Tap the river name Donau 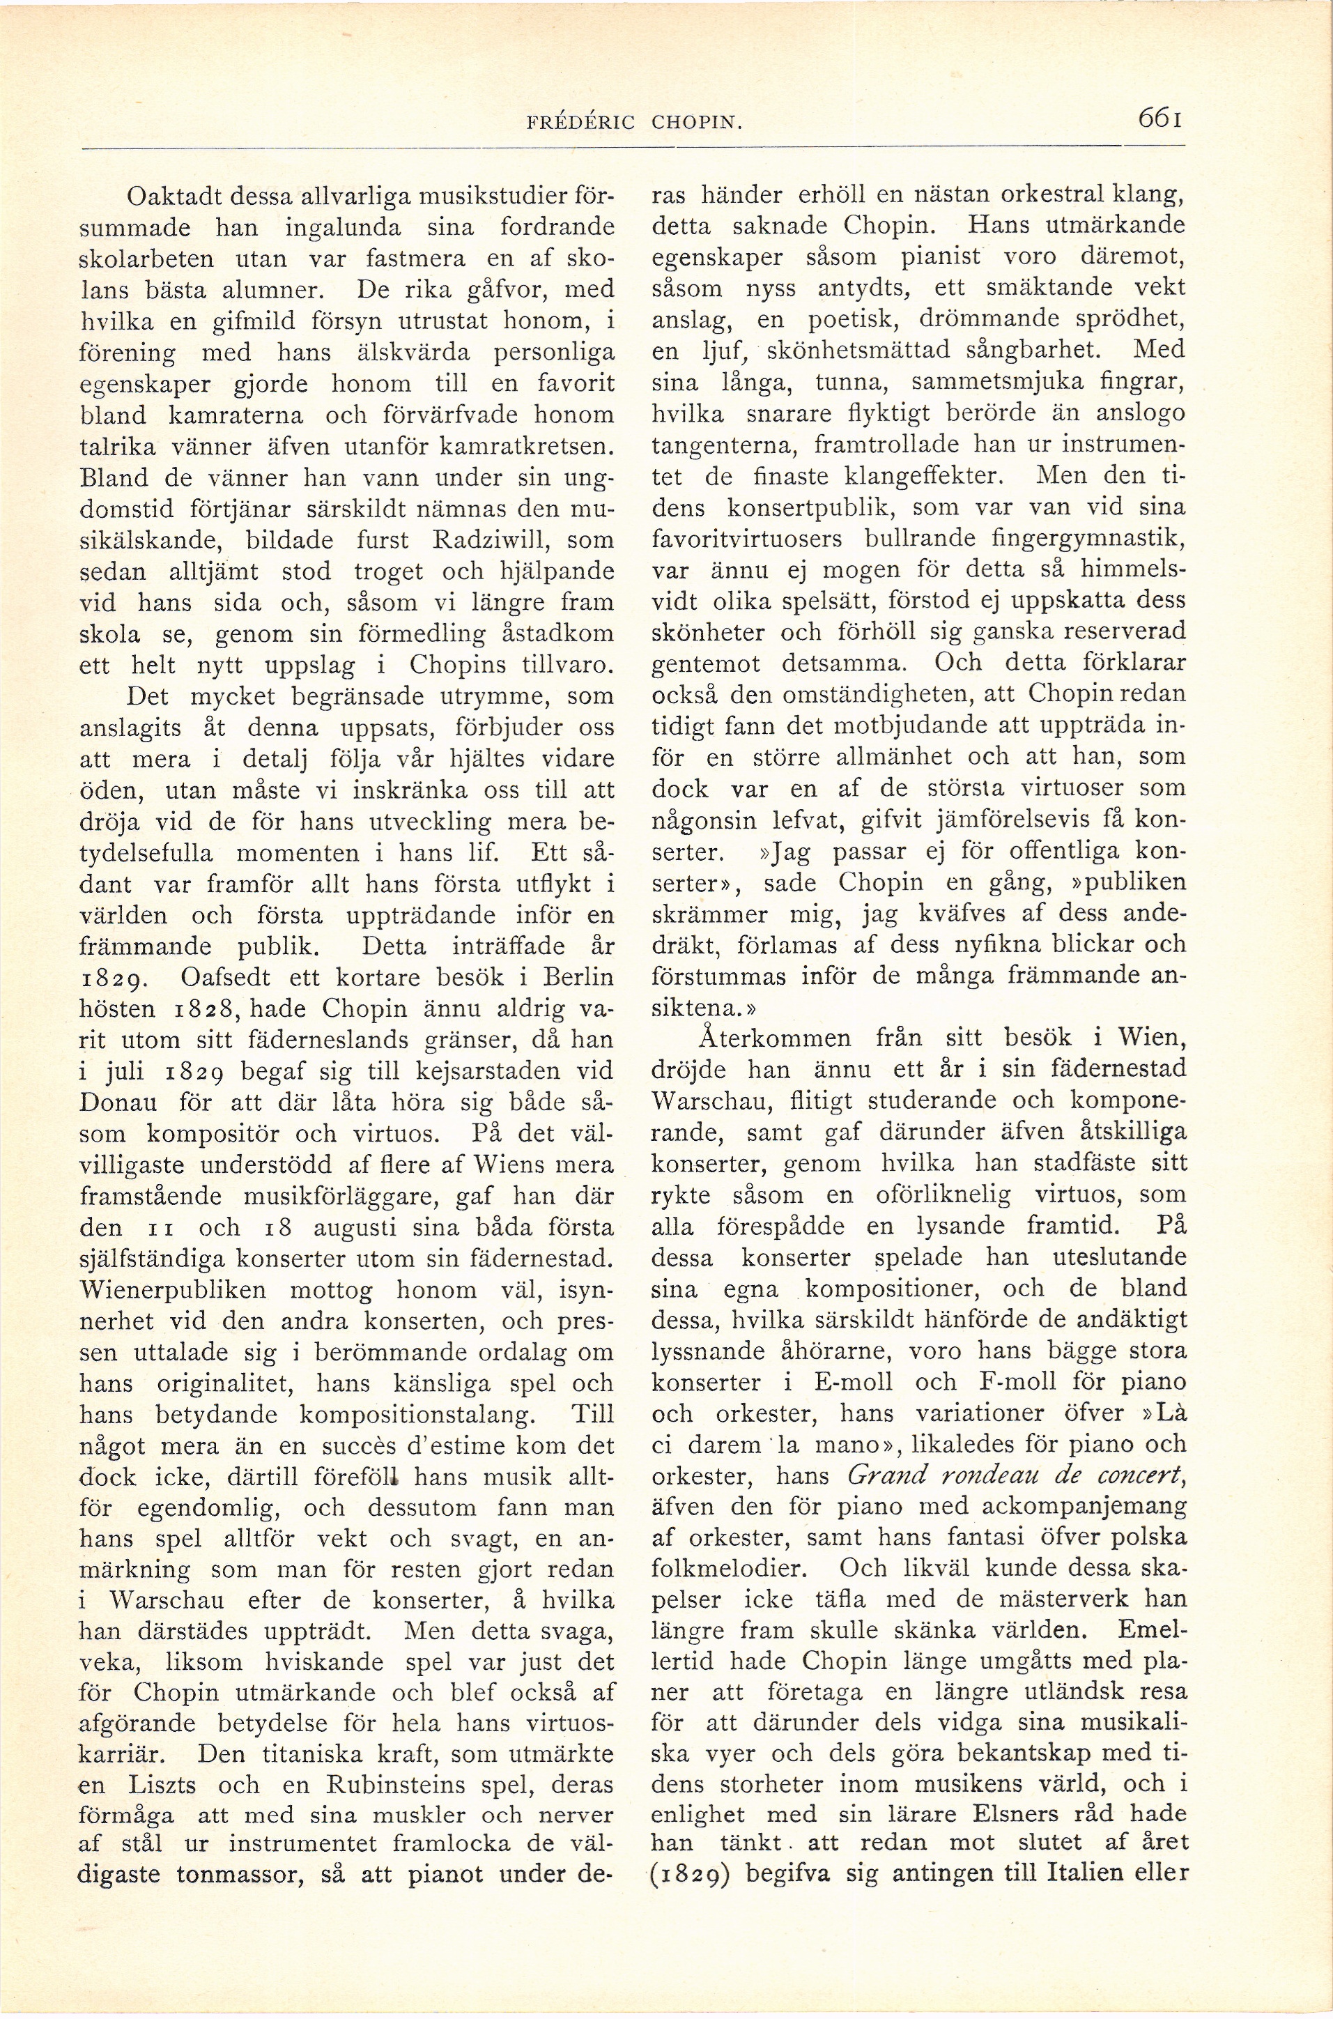[121, 1103]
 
